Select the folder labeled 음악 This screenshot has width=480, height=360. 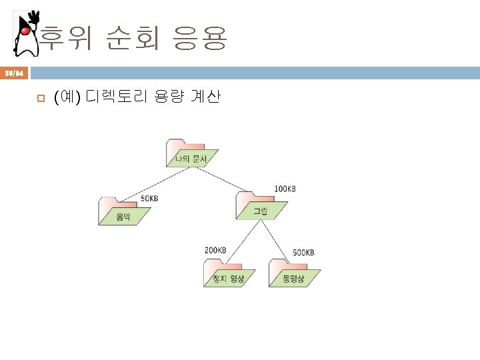click(x=123, y=211)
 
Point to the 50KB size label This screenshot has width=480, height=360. click(x=149, y=198)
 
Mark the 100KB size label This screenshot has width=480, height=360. click(x=285, y=189)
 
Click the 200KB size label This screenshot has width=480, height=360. click(x=216, y=250)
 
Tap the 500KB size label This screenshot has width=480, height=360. click(x=304, y=253)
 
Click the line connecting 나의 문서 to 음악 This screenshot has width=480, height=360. click(x=157, y=183)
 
